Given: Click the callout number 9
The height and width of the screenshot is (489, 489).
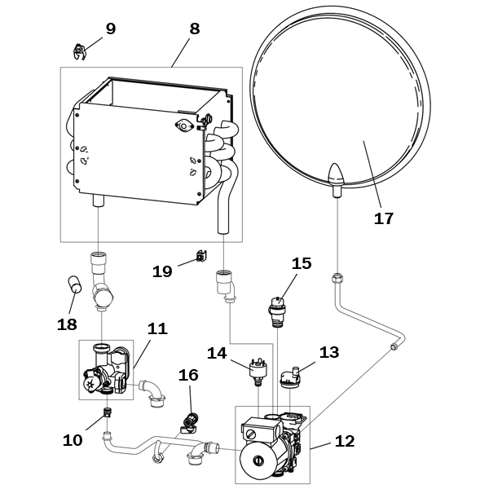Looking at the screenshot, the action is pos(111,29).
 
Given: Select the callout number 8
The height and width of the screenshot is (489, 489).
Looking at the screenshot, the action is pos(194,29).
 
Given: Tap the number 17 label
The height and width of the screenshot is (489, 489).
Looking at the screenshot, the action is pos(384,218).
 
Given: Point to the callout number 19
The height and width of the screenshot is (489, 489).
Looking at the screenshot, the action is pos(162,271).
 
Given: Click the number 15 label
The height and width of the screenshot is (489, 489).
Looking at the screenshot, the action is pos(302,263).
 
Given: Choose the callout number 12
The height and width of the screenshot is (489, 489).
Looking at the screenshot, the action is pos(345,441).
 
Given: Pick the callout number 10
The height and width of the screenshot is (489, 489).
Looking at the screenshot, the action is pos(73,440).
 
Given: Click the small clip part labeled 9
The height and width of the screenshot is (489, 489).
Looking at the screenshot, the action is pos(80,52).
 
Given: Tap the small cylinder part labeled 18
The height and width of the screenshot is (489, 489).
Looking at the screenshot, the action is pos(74,284).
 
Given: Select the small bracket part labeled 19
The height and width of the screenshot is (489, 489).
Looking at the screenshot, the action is pos(202,256).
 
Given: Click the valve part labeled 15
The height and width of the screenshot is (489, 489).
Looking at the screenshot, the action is pos(276,312).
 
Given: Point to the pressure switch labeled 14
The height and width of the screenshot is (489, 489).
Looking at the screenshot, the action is pos(258,372).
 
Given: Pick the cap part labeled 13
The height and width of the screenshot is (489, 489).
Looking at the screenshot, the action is pos(290,377).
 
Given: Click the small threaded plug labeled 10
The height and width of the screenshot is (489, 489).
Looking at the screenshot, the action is pos(108,412).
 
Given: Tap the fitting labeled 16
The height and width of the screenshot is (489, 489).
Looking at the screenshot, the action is pos(190,423).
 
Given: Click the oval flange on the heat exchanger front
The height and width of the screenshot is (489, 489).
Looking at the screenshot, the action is pos(184,126).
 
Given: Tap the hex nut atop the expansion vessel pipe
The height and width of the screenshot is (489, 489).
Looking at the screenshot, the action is pos(337,277).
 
